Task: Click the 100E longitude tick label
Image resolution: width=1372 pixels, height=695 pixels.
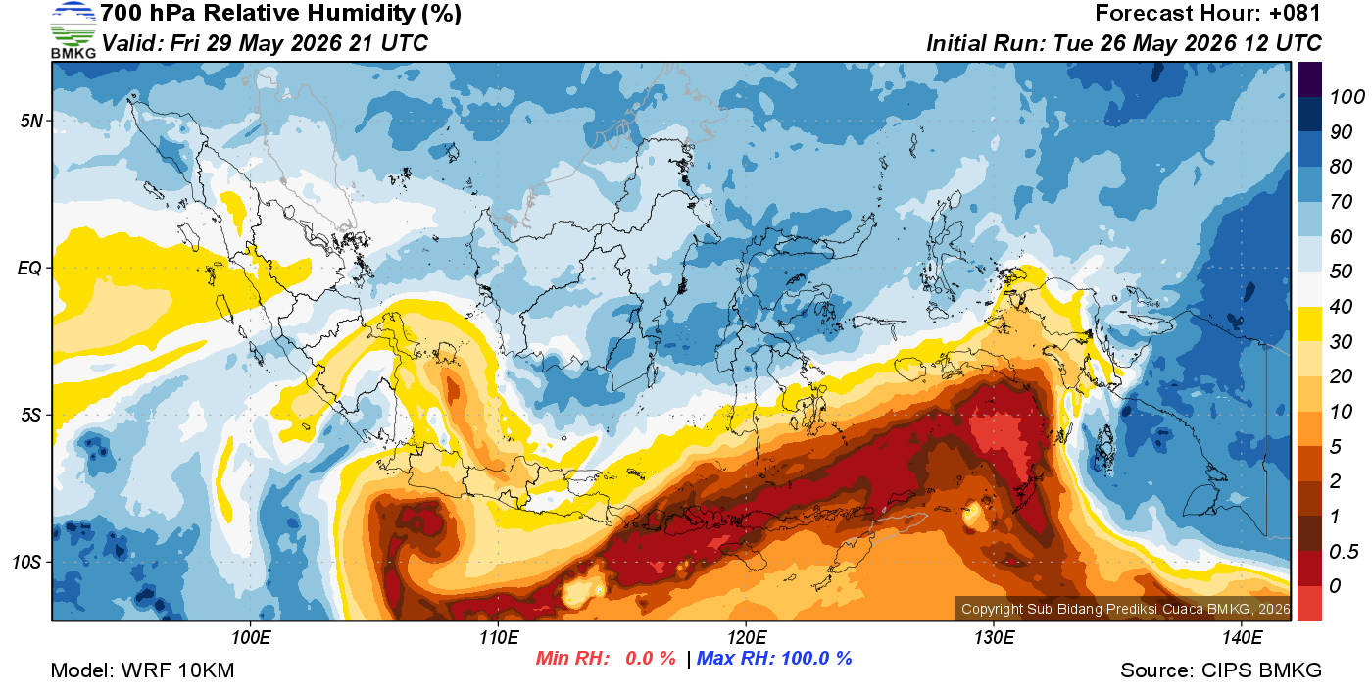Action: (x=251, y=638)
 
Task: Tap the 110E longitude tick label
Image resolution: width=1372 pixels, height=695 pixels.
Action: (x=499, y=638)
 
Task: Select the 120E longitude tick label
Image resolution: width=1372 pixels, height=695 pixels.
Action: (x=747, y=638)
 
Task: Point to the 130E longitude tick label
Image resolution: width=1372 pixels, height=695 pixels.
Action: (x=994, y=638)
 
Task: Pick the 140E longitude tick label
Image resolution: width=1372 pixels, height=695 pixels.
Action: (x=1242, y=638)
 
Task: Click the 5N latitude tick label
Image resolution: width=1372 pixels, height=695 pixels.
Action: (x=31, y=121)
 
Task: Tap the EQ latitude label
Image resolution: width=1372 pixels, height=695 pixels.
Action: (x=30, y=269)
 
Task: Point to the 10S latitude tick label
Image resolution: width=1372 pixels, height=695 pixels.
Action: (x=28, y=563)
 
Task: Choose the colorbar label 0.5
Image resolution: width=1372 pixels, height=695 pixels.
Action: (x=1344, y=552)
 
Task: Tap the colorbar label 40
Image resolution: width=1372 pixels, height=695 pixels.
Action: (x=1341, y=307)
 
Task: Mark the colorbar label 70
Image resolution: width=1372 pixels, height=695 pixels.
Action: (x=1341, y=202)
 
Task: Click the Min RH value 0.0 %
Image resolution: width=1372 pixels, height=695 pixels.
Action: (x=651, y=658)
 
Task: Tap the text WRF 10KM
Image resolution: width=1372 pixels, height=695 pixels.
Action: (x=177, y=670)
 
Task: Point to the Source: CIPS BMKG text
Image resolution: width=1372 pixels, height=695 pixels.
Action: (x=1221, y=670)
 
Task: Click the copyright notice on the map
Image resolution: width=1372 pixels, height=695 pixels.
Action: (x=1125, y=609)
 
